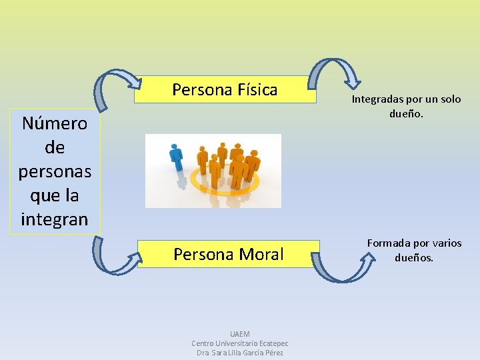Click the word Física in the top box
pos(257,90)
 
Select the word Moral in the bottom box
pos(259,254)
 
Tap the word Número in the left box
pos(55,123)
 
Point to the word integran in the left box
pos(55,219)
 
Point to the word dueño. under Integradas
pos(407,114)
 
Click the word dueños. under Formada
pos(414,257)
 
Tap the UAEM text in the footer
pos(239,334)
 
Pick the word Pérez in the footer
pos(273,353)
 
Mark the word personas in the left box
pos(55,171)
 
